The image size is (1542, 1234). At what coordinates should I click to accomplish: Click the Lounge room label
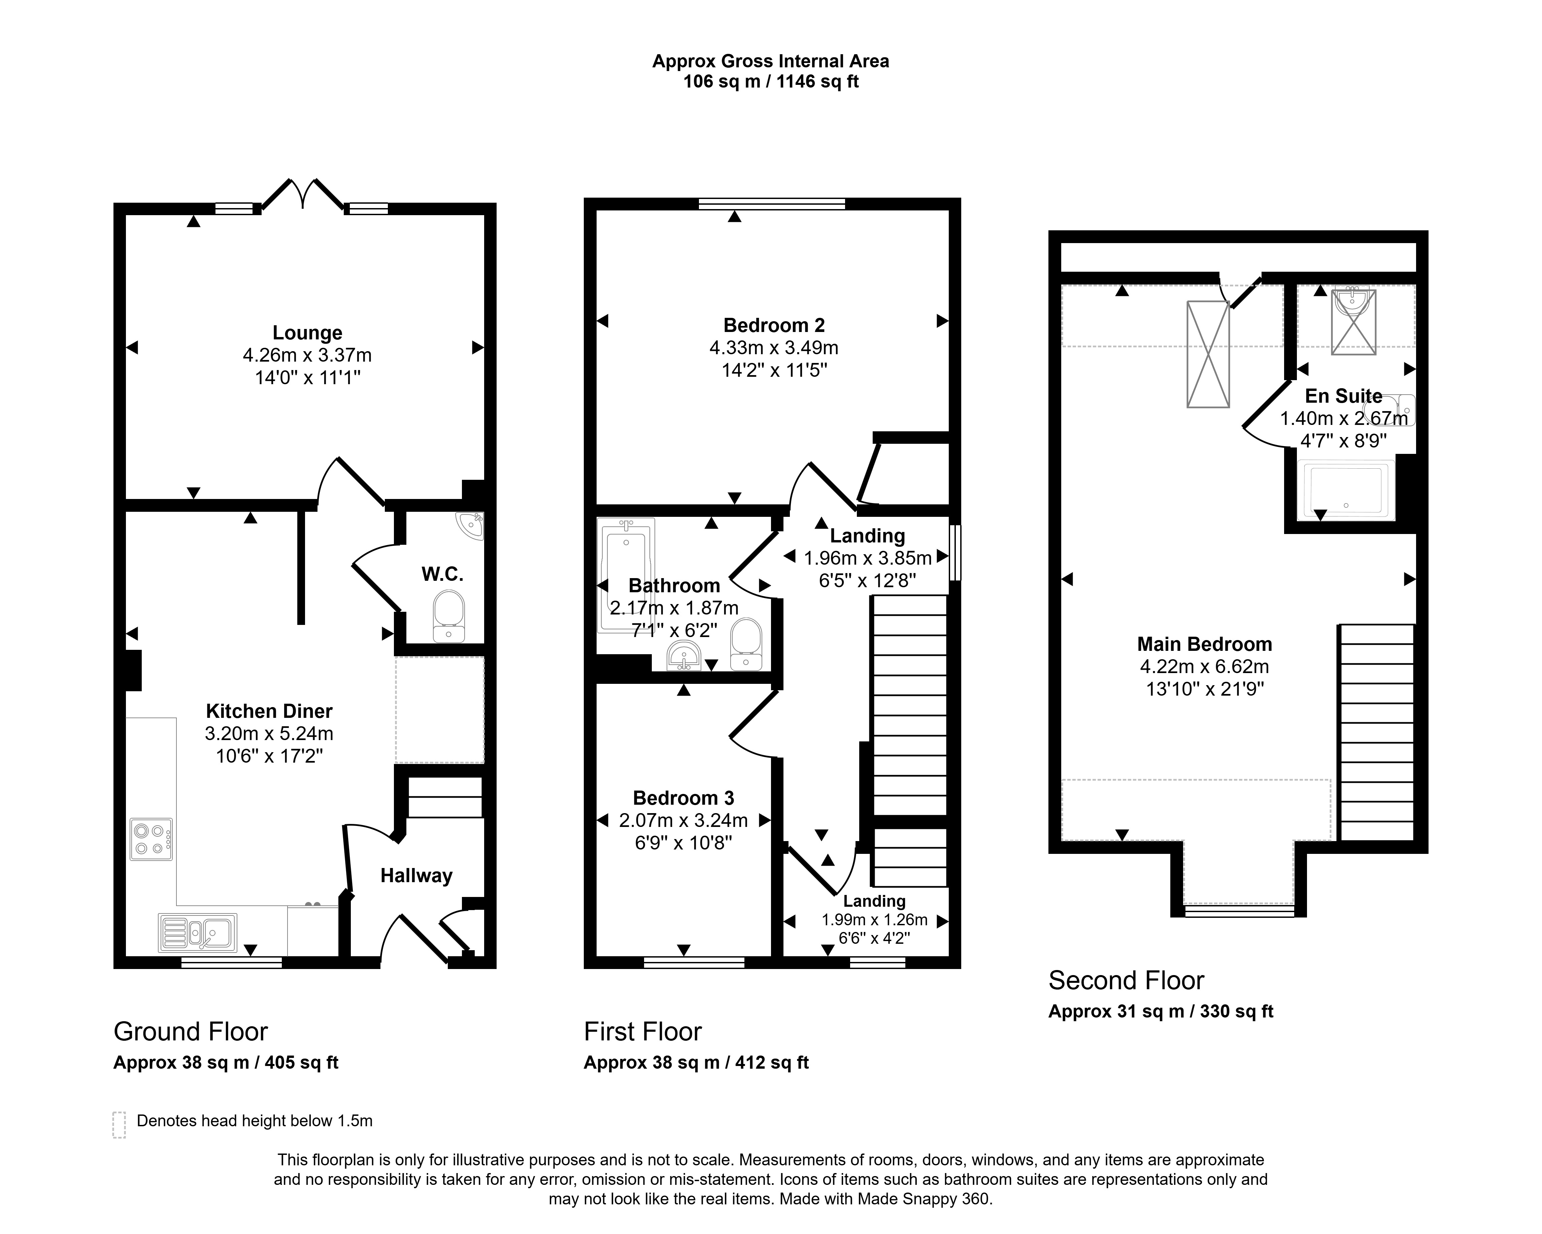tap(307, 333)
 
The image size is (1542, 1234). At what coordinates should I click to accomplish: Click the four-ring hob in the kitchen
tap(151, 839)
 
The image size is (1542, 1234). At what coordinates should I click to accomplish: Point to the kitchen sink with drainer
tap(197, 933)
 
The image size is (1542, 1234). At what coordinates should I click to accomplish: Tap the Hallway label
tap(416, 876)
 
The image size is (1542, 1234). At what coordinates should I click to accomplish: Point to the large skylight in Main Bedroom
tap(1208, 354)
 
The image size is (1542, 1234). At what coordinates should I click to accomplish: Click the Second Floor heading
tap(1127, 980)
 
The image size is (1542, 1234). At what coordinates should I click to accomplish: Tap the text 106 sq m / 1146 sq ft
tap(771, 81)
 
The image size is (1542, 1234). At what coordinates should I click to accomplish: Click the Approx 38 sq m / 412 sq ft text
tap(696, 1062)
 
